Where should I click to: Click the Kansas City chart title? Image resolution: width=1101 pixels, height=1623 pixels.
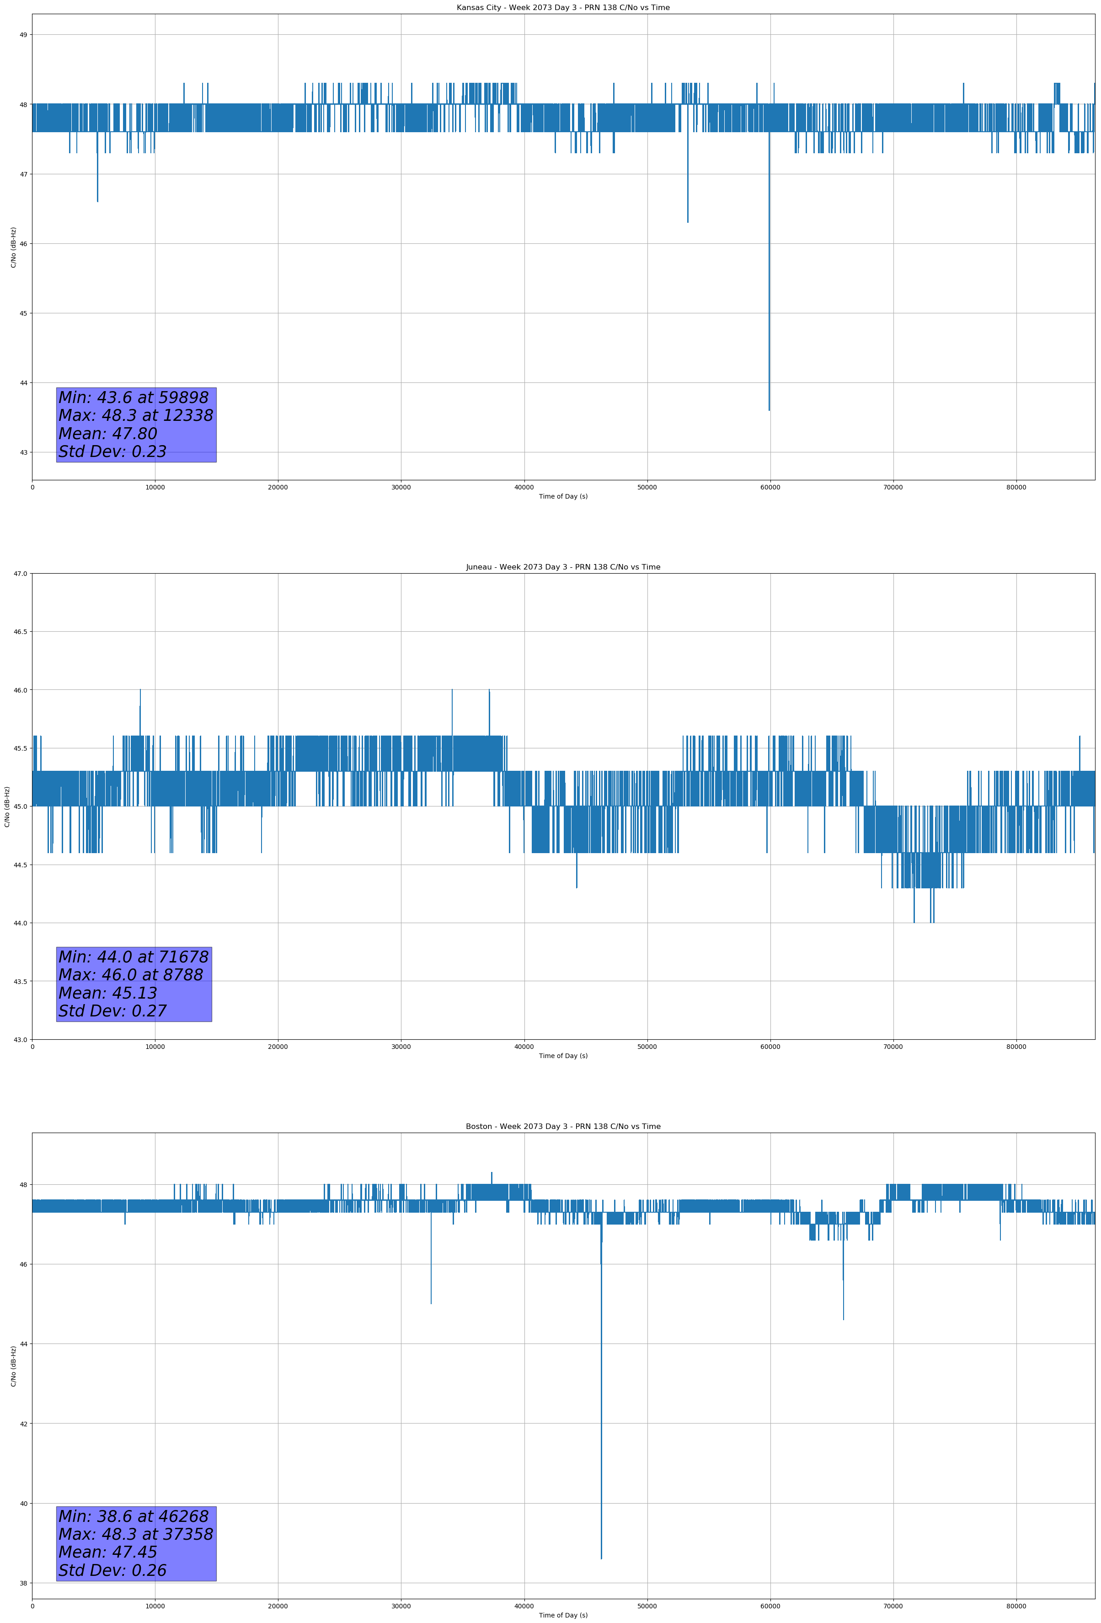coord(563,8)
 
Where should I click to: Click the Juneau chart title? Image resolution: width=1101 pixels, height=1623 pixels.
coord(563,567)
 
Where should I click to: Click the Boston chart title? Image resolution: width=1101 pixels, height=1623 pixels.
coord(563,1127)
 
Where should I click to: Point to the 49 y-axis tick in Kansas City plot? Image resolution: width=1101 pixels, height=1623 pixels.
coord(24,35)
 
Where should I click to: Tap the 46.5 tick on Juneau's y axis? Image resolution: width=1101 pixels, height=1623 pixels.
coord(20,632)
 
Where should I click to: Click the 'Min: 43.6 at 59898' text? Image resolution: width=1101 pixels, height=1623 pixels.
coord(134,398)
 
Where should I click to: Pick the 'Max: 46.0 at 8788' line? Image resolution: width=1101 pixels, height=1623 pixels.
coord(131,975)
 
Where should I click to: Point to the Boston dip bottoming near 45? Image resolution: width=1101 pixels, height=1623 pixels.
coord(431,1303)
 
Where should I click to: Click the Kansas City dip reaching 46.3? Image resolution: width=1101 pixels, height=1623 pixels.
coord(688,222)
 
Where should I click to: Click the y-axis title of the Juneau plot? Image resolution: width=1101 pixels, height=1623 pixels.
coord(7,806)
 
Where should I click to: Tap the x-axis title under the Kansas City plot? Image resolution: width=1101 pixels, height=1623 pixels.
coord(563,496)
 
